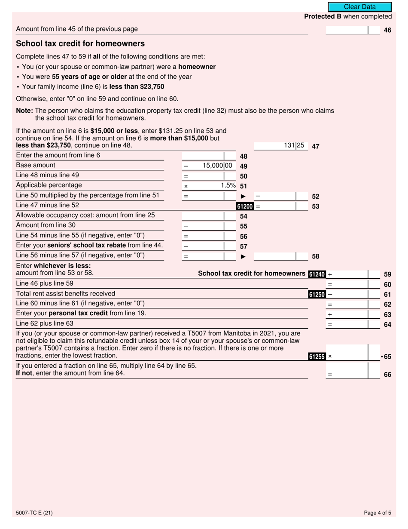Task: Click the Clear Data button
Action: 360,7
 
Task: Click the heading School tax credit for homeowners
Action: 80,43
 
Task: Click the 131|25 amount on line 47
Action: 294,146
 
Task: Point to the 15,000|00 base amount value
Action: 217,166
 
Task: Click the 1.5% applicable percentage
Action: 228,185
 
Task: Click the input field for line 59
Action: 352,274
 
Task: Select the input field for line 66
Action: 352,374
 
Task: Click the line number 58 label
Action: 315,257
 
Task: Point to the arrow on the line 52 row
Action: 243,196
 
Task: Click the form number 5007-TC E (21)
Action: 34,513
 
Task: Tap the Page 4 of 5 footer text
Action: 378,513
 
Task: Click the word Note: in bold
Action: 24,111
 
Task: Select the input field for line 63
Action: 352,315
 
